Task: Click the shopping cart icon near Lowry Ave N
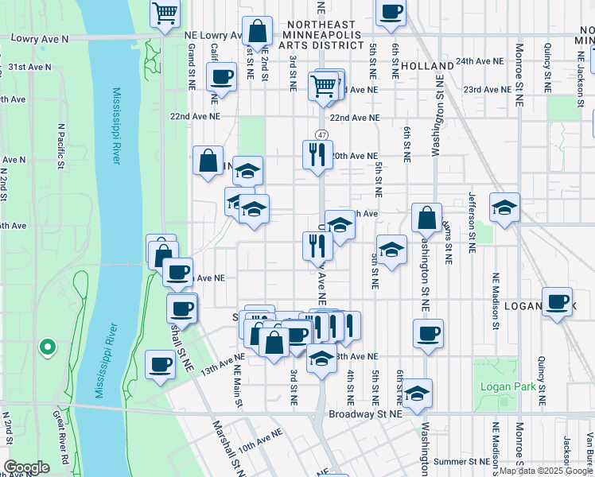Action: coord(165,13)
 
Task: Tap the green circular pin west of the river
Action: coord(47,347)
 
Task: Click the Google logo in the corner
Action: coord(26,467)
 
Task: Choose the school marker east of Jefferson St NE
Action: coord(504,207)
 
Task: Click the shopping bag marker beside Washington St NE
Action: coord(426,218)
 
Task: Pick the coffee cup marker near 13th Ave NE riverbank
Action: coord(161,365)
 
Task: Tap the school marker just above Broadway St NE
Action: coord(416,393)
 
